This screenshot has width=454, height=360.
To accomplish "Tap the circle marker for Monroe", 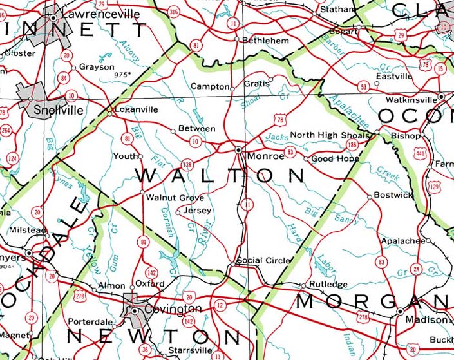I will point(239,149).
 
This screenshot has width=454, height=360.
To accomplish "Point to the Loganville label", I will point(135,109).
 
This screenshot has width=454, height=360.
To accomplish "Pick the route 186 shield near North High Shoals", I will point(352,146).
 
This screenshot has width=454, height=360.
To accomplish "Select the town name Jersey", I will point(196,210).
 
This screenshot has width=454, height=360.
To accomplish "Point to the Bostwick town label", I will point(393,194).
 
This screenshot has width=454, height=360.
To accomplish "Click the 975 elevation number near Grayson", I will point(119,75).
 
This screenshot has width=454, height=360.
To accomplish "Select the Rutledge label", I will point(328,284).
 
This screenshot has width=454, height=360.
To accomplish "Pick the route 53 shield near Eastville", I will point(364,86).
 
